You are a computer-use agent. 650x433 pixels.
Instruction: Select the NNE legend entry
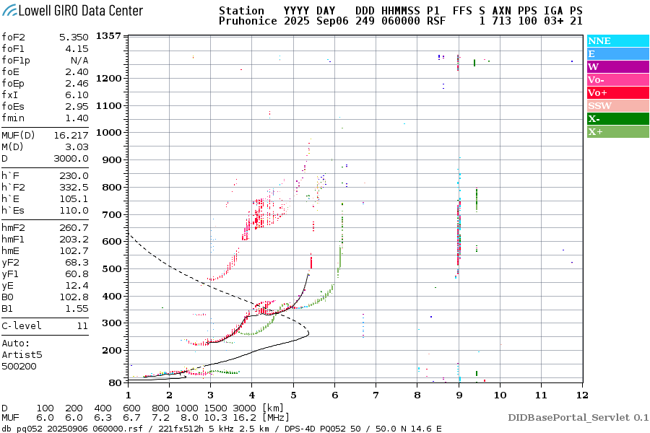[x=599, y=41]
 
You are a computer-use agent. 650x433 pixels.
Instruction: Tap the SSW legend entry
[x=599, y=106]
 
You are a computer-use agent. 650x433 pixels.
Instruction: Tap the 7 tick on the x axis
[x=376, y=395]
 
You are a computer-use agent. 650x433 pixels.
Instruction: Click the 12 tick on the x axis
[x=582, y=395]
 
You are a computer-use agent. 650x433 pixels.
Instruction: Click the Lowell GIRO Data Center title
[x=72, y=10]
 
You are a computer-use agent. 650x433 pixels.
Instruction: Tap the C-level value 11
[x=80, y=325]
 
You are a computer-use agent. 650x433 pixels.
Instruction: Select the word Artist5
[x=22, y=355]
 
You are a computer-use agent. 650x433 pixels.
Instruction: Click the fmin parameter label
[x=14, y=118]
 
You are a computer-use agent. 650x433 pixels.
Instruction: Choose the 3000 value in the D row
[x=232, y=408]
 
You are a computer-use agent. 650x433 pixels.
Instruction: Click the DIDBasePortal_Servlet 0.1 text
[x=578, y=417]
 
